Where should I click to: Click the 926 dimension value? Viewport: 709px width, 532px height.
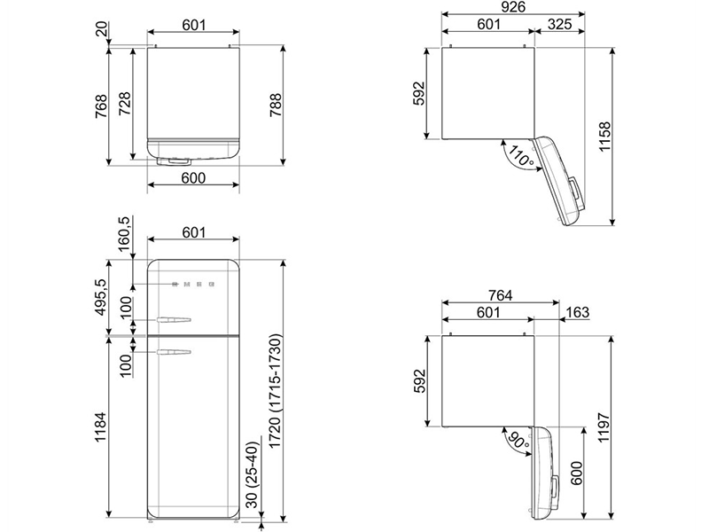[x=513, y=7]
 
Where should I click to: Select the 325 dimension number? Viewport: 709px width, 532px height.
[x=559, y=24]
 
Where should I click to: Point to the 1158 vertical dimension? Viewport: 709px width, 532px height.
[x=604, y=137]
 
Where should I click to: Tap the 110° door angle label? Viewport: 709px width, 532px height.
[x=520, y=155]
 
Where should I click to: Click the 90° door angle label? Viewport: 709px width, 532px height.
[x=517, y=440]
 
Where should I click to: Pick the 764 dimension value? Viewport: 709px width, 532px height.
[x=501, y=295]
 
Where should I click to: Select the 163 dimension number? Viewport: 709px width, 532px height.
[x=578, y=312]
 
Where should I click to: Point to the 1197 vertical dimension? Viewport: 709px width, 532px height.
[x=604, y=427]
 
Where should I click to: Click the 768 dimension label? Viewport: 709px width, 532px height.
[x=101, y=106]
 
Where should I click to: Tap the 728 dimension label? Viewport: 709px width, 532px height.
[x=124, y=103]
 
